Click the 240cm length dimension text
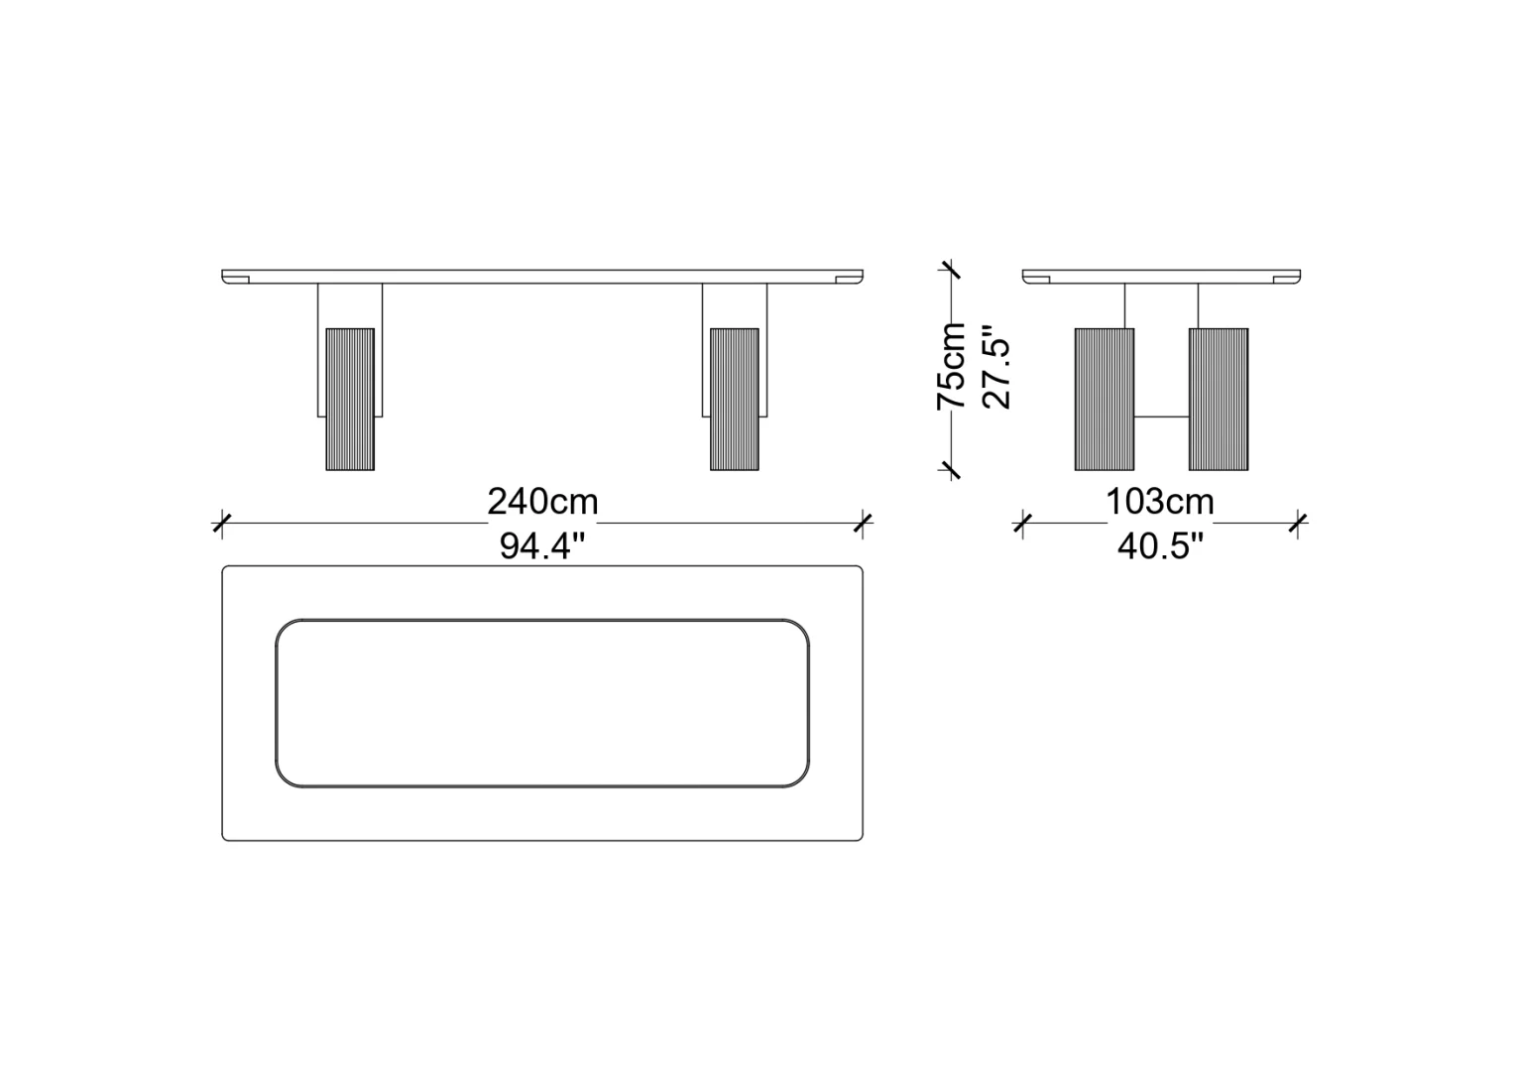tap(542, 503)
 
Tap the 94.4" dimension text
tap(541, 546)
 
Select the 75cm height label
tap(951, 366)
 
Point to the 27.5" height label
tap(995, 366)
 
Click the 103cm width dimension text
tap(1160, 503)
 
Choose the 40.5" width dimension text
tap(1160, 546)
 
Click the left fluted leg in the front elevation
tap(350, 400)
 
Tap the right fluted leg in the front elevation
tap(735, 400)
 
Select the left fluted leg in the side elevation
tap(1105, 400)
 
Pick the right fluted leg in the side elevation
tap(1219, 400)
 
